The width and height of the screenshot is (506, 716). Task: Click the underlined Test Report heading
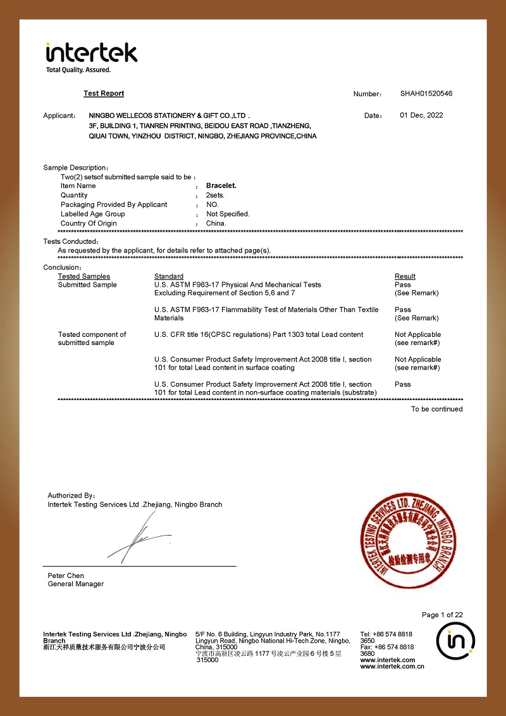point(104,94)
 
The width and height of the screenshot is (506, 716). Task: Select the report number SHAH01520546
point(426,94)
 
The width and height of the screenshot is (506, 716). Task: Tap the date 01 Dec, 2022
point(421,115)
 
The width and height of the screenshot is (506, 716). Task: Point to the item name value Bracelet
point(221,185)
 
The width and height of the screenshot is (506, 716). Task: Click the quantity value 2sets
point(215,195)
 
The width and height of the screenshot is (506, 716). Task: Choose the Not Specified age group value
point(228,214)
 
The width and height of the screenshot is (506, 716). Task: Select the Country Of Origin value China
point(216,223)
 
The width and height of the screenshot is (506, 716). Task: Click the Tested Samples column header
point(84,276)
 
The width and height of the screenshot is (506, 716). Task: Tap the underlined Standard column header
point(169,276)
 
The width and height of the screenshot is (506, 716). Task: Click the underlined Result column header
point(405,276)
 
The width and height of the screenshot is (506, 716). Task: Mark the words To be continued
point(436,409)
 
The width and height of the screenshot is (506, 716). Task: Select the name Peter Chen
point(66,575)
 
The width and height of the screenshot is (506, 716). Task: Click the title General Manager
point(76,584)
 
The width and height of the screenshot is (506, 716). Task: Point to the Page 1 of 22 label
point(442,615)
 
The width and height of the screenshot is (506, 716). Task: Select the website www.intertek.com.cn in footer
point(392,666)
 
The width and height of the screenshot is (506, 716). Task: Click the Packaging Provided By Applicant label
point(114,204)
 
